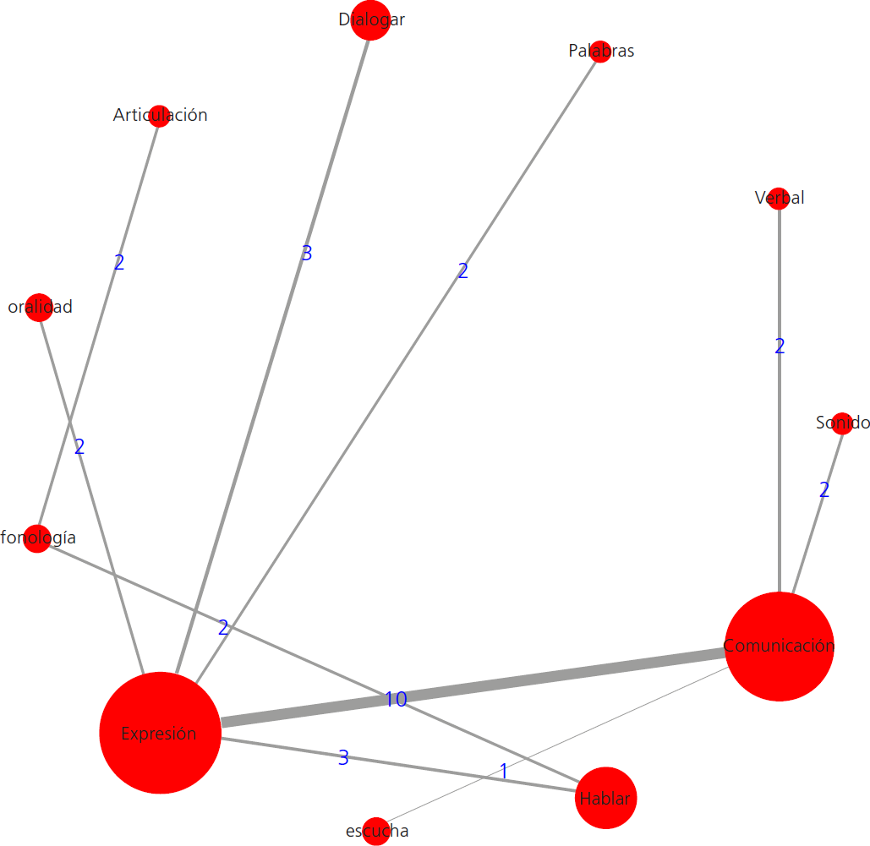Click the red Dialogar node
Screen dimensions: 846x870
coord(369,20)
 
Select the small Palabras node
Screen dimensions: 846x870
coord(600,52)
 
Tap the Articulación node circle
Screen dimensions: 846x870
coord(159,116)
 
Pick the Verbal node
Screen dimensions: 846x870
coord(779,199)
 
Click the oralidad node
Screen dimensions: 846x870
coord(39,307)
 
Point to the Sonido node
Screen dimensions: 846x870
coord(842,423)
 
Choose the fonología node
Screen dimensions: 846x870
coord(37,538)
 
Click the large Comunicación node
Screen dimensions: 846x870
coord(780,647)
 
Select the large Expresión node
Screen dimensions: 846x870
coord(160,734)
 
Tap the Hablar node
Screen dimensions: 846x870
coord(605,798)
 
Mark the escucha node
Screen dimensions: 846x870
coord(376,831)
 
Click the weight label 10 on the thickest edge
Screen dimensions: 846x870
coord(396,700)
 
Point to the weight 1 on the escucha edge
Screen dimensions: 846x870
coord(504,772)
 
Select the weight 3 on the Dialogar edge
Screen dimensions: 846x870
coord(307,254)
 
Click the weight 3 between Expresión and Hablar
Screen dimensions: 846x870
coord(343,758)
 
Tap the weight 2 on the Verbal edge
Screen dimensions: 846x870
coord(780,347)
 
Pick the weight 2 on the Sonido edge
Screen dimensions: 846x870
coord(824,490)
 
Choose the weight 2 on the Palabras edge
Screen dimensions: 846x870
coord(462,271)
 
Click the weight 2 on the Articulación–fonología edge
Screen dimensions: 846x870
coord(119,263)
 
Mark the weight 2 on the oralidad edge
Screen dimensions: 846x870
coord(79,448)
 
